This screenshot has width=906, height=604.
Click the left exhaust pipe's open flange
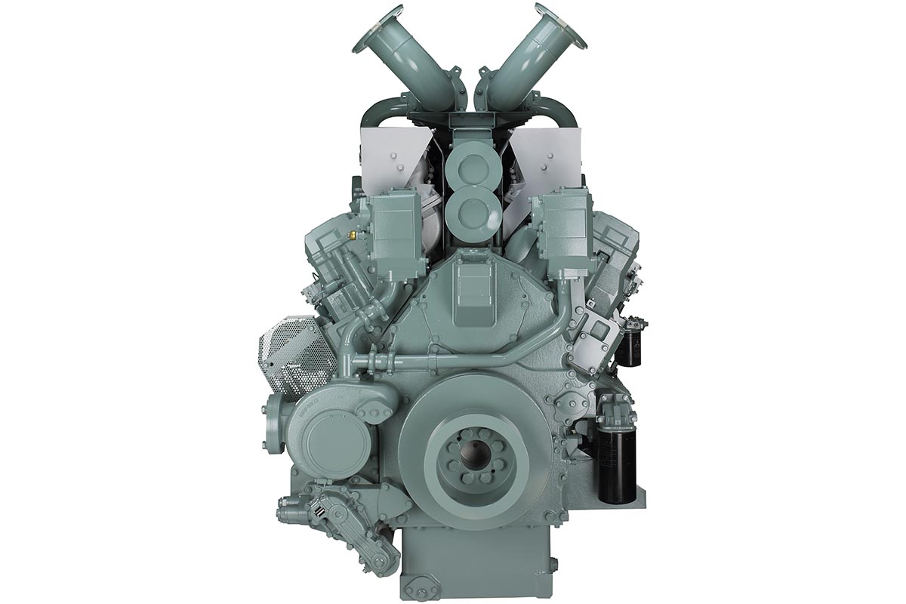[377, 29]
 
